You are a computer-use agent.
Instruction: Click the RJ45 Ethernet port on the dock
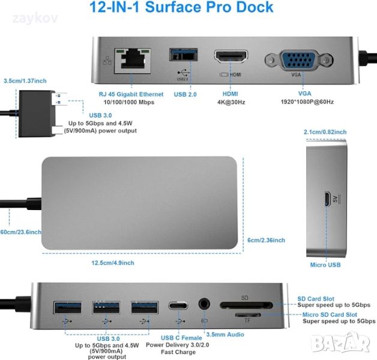133,61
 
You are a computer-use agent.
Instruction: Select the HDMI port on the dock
231,57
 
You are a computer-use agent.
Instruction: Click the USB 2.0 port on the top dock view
184,55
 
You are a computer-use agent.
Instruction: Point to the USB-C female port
178,305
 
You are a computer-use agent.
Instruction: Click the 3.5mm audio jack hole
204,304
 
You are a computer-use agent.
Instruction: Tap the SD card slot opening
247,305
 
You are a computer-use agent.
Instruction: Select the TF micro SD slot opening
248,315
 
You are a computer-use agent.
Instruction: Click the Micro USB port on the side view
327,199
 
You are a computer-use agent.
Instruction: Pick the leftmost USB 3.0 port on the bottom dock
68,308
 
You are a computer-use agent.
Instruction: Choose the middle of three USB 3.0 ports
106,308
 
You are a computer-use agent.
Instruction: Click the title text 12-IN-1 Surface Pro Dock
181,7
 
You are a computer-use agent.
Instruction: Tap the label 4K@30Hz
231,103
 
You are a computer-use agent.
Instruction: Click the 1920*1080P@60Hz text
307,102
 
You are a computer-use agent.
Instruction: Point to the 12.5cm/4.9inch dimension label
113,263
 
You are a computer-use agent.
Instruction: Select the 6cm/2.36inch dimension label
266,240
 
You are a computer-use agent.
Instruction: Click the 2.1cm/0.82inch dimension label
325,132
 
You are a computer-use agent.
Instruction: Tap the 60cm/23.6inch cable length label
20,232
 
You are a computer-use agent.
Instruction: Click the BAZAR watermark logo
340,343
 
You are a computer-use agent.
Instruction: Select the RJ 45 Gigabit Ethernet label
131,94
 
